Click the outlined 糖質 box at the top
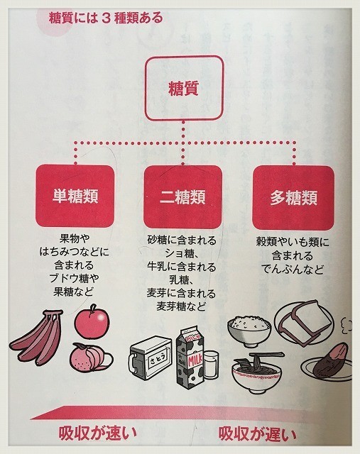[x=185, y=88]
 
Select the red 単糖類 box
[x=75, y=196]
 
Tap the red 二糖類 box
[x=183, y=197]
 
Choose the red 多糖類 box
[x=293, y=198]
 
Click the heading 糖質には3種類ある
[x=106, y=18]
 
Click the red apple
[x=92, y=321]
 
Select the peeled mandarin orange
[x=91, y=358]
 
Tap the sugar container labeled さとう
[x=150, y=358]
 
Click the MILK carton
[x=190, y=359]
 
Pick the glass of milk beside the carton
[x=210, y=365]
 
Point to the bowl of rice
[x=249, y=331]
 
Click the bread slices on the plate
[x=303, y=322]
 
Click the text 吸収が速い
[x=98, y=433]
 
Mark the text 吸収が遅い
[x=257, y=433]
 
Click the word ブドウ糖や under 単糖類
[x=74, y=278]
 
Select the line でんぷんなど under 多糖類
[x=293, y=270]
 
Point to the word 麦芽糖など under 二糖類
[x=182, y=306]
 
